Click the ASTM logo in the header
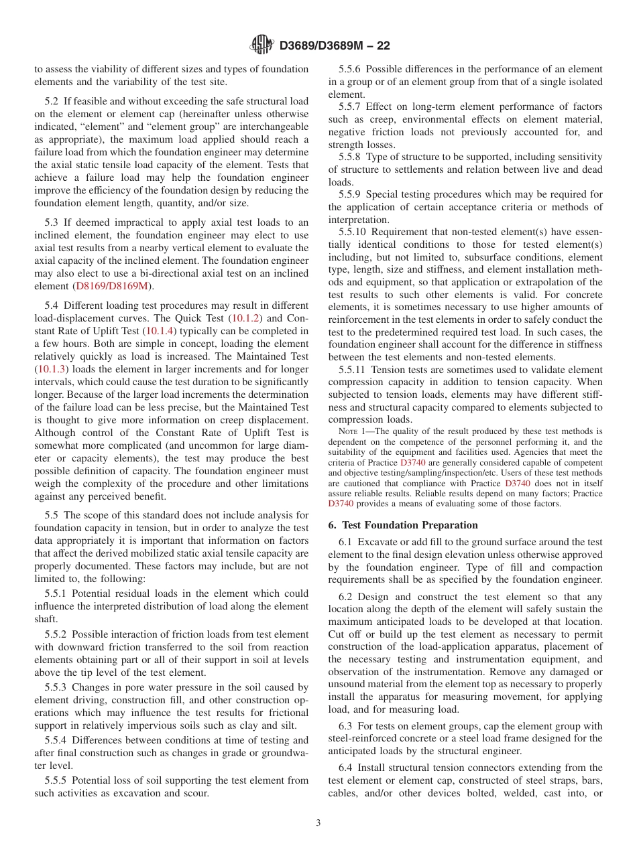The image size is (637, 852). pos(262,45)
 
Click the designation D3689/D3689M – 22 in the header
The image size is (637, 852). pos(334,46)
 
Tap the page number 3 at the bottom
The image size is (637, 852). pos(318,823)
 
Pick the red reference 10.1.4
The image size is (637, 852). pos(161,330)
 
